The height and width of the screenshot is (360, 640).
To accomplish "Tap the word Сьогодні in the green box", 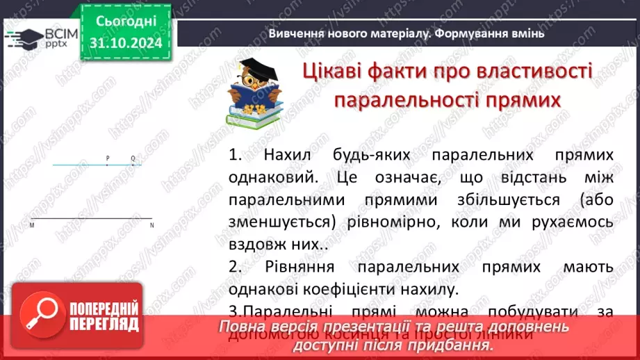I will (126, 22).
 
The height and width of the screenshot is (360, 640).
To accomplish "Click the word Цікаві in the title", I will (337, 71).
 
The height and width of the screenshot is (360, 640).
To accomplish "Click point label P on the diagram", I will (108, 158).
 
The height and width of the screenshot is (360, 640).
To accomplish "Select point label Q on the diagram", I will (133, 158).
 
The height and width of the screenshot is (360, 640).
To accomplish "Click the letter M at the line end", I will (32, 225).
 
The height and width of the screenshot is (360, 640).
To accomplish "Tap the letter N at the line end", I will (152, 225).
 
